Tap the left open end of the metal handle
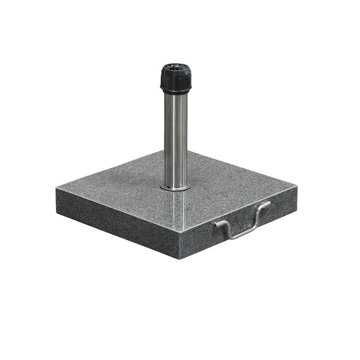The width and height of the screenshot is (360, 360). tap(216, 225)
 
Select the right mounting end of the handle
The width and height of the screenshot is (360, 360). tap(267, 204)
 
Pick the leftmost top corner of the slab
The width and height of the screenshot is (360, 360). tap(57, 187)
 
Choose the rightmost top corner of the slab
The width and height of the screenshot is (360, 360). tap(297, 186)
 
